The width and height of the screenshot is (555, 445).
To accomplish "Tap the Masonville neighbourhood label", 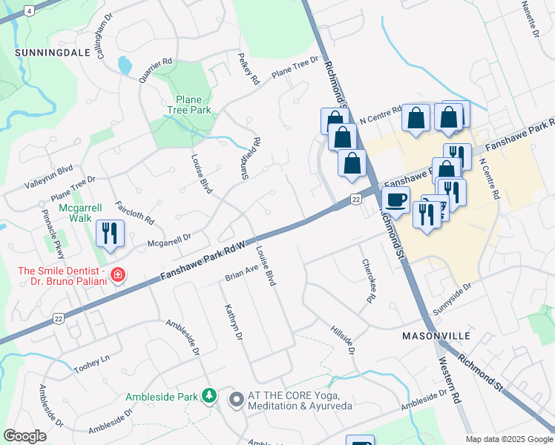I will (x=436, y=336).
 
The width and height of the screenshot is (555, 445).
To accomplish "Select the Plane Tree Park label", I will (x=193, y=105).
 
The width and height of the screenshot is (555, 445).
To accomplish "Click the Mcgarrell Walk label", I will (x=76, y=213).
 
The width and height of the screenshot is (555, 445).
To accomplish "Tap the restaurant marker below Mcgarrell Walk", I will (x=110, y=233).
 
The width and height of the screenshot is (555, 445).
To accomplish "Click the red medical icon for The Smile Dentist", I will (x=117, y=276).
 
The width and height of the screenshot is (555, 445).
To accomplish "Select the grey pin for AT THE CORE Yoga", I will (x=237, y=400).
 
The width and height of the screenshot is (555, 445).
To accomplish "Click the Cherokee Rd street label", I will (x=367, y=281).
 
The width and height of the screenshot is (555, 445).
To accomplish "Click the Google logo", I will (x=25, y=435).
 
